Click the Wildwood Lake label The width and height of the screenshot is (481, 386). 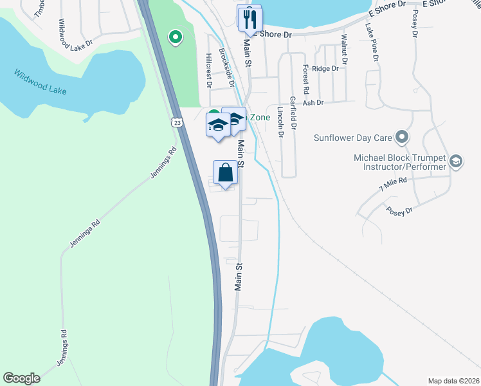click(40, 81)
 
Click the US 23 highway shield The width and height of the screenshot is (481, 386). click(177, 122)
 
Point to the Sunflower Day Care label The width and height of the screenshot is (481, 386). click(352, 137)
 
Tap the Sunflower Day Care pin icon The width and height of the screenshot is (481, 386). click(403, 136)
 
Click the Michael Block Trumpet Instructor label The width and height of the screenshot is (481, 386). click(400, 162)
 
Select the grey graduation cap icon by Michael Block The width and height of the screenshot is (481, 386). click(456, 161)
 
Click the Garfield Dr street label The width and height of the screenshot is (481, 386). click(293, 113)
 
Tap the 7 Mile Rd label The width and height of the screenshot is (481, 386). click(393, 185)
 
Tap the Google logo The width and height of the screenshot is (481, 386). click(21, 378)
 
